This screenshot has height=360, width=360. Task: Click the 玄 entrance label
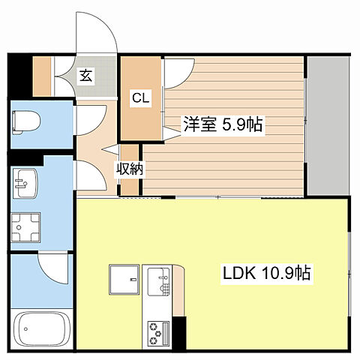(x=86, y=76)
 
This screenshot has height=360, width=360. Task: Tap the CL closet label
(x=141, y=98)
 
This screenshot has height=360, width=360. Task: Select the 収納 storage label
(x=130, y=169)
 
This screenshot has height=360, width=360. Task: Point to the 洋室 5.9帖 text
(x=223, y=124)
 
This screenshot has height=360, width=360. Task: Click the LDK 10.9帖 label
(x=266, y=272)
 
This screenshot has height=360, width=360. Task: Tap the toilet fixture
(x=25, y=122)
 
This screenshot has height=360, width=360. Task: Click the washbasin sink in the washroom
(x=25, y=184)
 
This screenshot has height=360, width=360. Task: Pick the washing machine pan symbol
(x=25, y=227)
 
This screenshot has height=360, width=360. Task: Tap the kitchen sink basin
(x=159, y=281)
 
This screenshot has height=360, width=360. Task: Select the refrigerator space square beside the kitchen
(x=124, y=279)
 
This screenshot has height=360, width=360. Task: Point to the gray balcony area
(x=328, y=126)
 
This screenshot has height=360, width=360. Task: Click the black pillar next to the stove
(x=179, y=333)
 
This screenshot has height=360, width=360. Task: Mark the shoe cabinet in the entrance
(x=42, y=76)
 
